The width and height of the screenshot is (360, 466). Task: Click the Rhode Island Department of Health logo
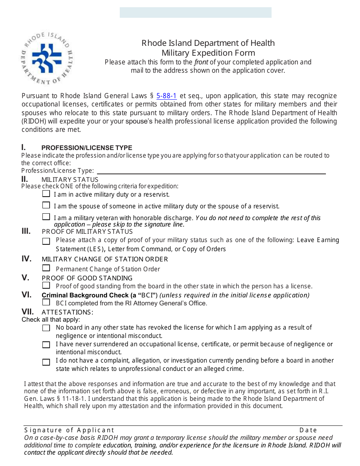click(47, 59)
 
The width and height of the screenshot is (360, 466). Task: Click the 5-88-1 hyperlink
click(166, 96)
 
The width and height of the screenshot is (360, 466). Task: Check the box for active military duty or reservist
click(46, 194)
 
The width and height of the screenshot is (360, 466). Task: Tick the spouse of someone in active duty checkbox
click(46, 205)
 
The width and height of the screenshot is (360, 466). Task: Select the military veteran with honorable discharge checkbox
click(46, 217)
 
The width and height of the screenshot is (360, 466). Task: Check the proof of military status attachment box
click(46, 241)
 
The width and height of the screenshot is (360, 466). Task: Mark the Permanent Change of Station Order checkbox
click(46, 268)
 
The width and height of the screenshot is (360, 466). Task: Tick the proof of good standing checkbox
click(46, 285)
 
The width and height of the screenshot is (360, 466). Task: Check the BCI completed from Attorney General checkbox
click(46, 302)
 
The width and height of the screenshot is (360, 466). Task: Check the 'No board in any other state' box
click(46, 328)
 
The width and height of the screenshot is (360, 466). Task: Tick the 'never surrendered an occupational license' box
click(46, 345)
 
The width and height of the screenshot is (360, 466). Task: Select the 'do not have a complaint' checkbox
click(46, 362)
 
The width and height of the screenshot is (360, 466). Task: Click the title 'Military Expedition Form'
click(208, 53)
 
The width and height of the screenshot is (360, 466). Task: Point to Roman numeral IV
click(26, 259)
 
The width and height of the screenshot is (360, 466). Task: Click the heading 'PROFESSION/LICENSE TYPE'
click(87, 148)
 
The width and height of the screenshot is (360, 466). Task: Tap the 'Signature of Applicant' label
click(69, 430)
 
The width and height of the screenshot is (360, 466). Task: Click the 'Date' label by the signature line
click(308, 430)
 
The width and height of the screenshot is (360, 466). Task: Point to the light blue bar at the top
click(196, 13)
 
